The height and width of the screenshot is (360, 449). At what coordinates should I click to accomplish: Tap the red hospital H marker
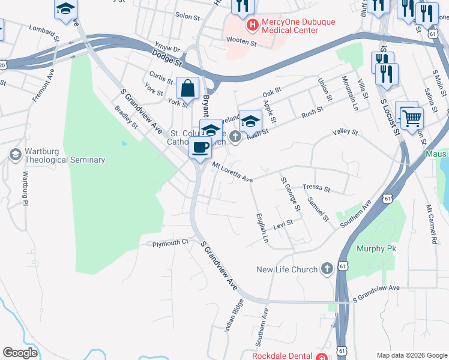(x=253, y=26)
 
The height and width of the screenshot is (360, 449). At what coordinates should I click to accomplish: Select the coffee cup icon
(x=200, y=146)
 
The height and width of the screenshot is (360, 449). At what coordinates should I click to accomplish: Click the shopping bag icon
(x=188, y=88)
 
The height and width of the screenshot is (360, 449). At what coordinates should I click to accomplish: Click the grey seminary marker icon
(x=14, y=155)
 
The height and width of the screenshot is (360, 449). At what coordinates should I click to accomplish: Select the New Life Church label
(x=286, y=269)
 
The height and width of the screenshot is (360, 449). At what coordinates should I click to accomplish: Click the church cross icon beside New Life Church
(x=327, y=269)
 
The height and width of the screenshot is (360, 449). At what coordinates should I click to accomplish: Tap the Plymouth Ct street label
(x=170, y=243)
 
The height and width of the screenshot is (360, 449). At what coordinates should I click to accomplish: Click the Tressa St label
(x=316, y=188)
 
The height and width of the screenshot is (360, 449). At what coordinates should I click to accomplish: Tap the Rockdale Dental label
(x=283, y=356)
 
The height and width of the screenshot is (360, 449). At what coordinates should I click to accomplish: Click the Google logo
(x=20, y=353)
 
